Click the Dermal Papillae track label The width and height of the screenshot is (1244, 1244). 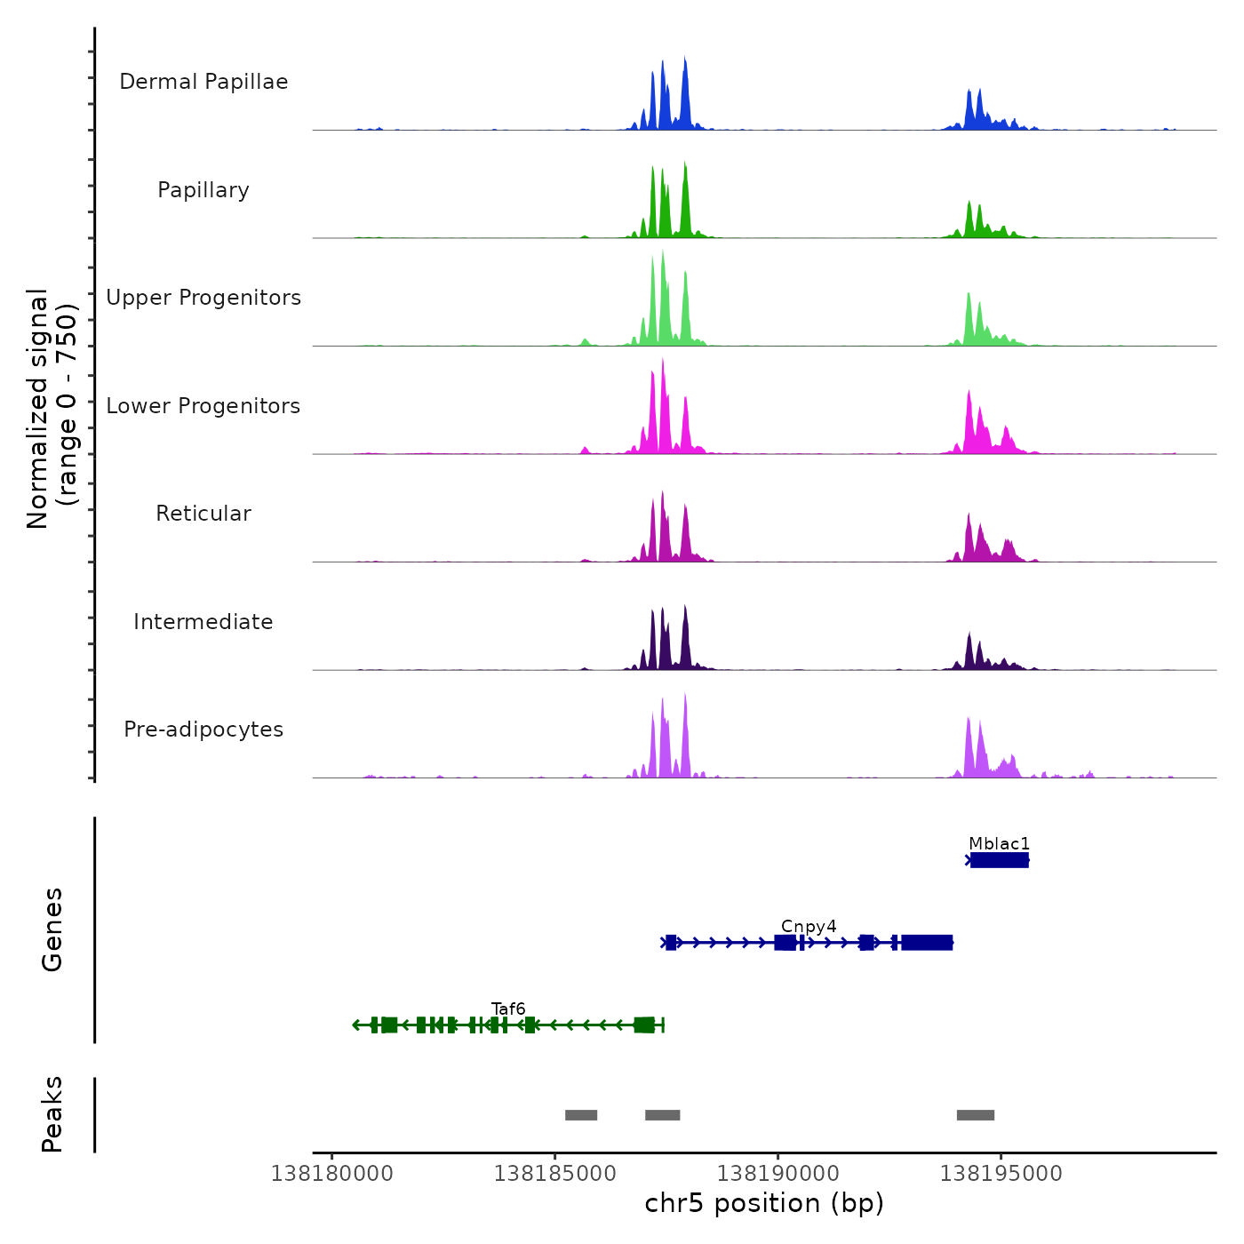[203, 82]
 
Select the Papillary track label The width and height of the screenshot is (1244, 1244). [203, 190]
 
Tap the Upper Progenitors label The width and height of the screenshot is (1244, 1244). [203, 298]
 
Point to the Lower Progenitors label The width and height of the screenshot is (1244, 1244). [203, 406]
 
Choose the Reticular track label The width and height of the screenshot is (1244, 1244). [203, 514]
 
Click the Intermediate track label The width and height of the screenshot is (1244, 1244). [203, 622]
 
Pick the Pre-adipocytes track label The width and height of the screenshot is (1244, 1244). [203, 730]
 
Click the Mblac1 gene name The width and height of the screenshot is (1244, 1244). [999, 844]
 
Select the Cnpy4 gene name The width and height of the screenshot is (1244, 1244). [809, 927]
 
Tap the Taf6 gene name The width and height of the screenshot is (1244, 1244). [508, 1009]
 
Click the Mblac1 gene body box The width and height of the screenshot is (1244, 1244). [1000, 860]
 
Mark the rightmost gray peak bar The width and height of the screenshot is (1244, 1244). [976, 1115]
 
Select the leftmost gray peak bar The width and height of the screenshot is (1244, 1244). [581, 1115]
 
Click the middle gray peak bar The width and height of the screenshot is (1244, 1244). [663, 1115]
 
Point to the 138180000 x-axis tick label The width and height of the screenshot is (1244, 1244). [332, 1174]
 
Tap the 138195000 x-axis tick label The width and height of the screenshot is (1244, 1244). [1001, 1174]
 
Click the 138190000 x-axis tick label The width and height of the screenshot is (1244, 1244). [778, 1174]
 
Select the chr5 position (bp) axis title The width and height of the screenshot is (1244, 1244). [764, 1204]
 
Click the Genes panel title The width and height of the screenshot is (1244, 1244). [52, 929]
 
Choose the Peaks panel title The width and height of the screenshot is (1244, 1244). [52, 1114]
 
